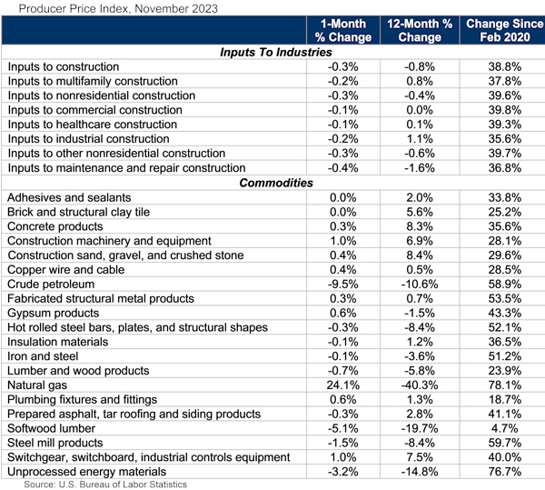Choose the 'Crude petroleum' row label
[x=52, y=284]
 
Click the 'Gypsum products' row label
[x=54, y=313]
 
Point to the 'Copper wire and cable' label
[x=67, y=269]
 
